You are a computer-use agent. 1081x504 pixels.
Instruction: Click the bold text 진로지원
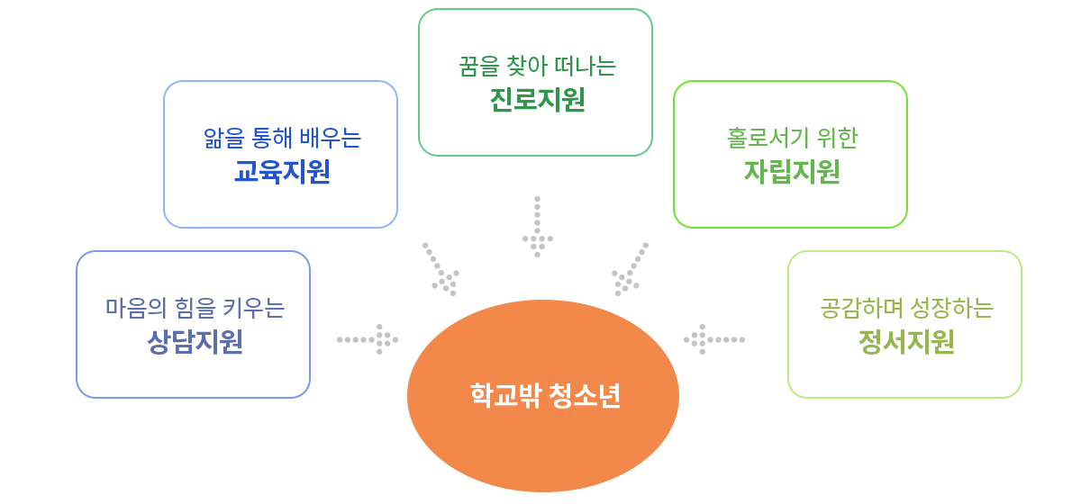pyautogui.click(x=537, y=100)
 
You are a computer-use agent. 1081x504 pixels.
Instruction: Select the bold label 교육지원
pyautogui.click(x=282, y=171)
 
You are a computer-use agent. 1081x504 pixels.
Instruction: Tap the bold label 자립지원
pyautogui.click(x=792, y=171)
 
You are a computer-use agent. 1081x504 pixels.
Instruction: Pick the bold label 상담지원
pyautogui.click(x=195, y=342)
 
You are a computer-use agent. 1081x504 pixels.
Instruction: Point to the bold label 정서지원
pyautogui.click(x=906, y=342)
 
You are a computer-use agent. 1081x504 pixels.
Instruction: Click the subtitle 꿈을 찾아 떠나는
pyautogui.click(x=537, y=67)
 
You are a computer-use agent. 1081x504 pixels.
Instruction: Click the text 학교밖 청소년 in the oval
pyautogui.click(x=545, y=396)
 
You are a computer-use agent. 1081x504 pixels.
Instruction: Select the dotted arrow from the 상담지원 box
pyautogui.click(x=368, y=339)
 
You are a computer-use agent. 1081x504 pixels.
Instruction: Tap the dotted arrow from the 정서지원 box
pyautogui.click(x=713, y=339)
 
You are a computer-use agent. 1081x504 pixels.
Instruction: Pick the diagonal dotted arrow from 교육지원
pyautogui.click(x=441, y=269)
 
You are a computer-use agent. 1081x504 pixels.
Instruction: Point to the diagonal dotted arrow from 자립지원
pyautogui.click(x=631, y=269)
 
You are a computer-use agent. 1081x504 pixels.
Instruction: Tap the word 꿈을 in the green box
pyautogui.click(x=474, y=67)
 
